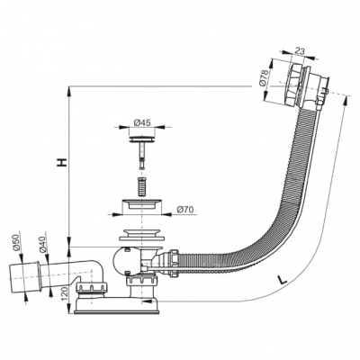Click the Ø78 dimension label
coord(263,79)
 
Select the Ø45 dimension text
coord(142,122)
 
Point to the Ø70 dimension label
coord(185,210)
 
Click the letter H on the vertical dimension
coord(62,162)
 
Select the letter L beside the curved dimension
coord(282,280)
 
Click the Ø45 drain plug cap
coord(142,139)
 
